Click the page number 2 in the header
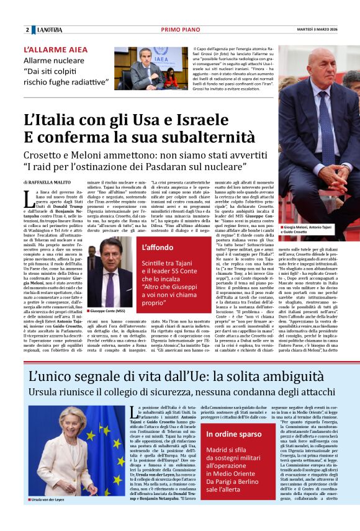pos(27,30)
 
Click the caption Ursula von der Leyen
pos(50,517)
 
